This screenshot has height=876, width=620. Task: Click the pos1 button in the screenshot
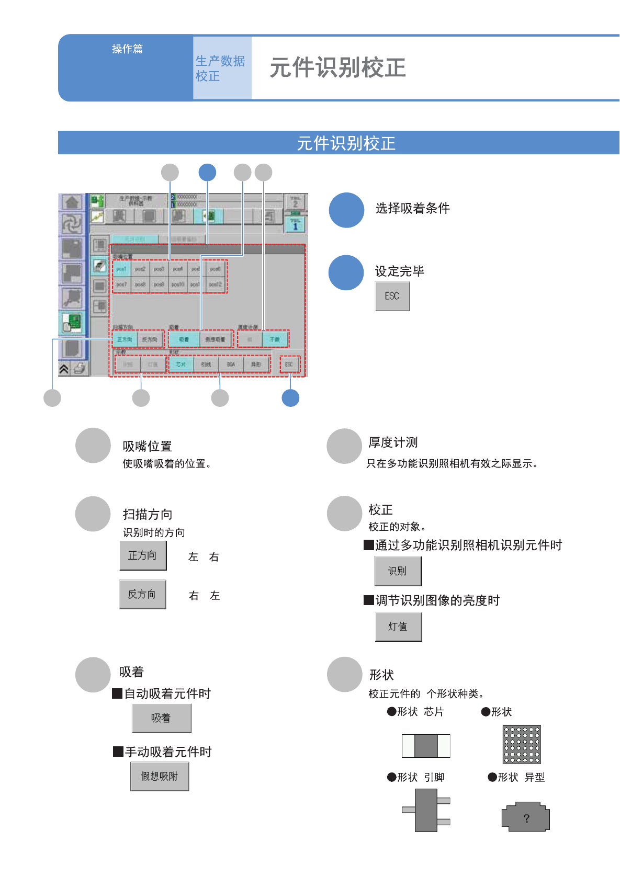click(x=121, y=269)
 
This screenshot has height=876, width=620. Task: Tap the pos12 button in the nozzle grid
click(x=216, y=285)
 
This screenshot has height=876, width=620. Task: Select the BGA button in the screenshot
click(x=231, y=364)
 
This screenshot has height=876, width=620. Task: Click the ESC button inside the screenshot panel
click(x=289, y=364)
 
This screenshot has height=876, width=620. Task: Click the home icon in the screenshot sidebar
click(x=72, y=202)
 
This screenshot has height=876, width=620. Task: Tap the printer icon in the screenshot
click(x=80, y=369)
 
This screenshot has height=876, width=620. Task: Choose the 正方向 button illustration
click(x=143, y=555)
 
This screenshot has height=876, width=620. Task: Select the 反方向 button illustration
click(x=142, y=594)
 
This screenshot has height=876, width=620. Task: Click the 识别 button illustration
click(x=398, y=571)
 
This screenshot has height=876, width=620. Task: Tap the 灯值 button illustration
click(x=398, y=627)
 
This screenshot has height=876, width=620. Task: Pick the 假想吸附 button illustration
click(x=160, y=777)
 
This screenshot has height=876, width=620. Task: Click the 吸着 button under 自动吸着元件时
click(x=161, y=718)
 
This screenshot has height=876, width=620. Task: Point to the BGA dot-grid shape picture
click(x=521, y=745)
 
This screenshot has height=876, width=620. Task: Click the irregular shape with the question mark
click(x=526, y=817)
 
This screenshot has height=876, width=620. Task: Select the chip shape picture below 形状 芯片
click(x=426, y=746)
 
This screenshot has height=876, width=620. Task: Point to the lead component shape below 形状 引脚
click(x=426, y=810)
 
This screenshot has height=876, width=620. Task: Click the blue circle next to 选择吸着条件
click(x=346, y=210)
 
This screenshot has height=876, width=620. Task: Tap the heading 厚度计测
click(x=393, y=442)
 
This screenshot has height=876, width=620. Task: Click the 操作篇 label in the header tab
click(x=127, y=49)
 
